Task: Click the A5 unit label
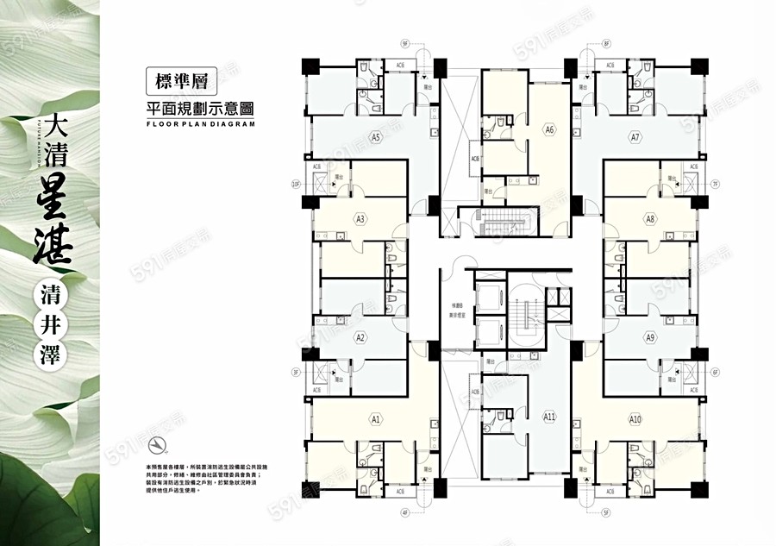375,137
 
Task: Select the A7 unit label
635,137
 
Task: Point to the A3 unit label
361,219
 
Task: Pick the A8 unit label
650,219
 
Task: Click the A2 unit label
361,338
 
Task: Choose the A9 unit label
650,338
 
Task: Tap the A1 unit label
375,419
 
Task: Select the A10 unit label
635,419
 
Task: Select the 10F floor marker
295,184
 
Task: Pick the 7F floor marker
715,184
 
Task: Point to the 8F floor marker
606,42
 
